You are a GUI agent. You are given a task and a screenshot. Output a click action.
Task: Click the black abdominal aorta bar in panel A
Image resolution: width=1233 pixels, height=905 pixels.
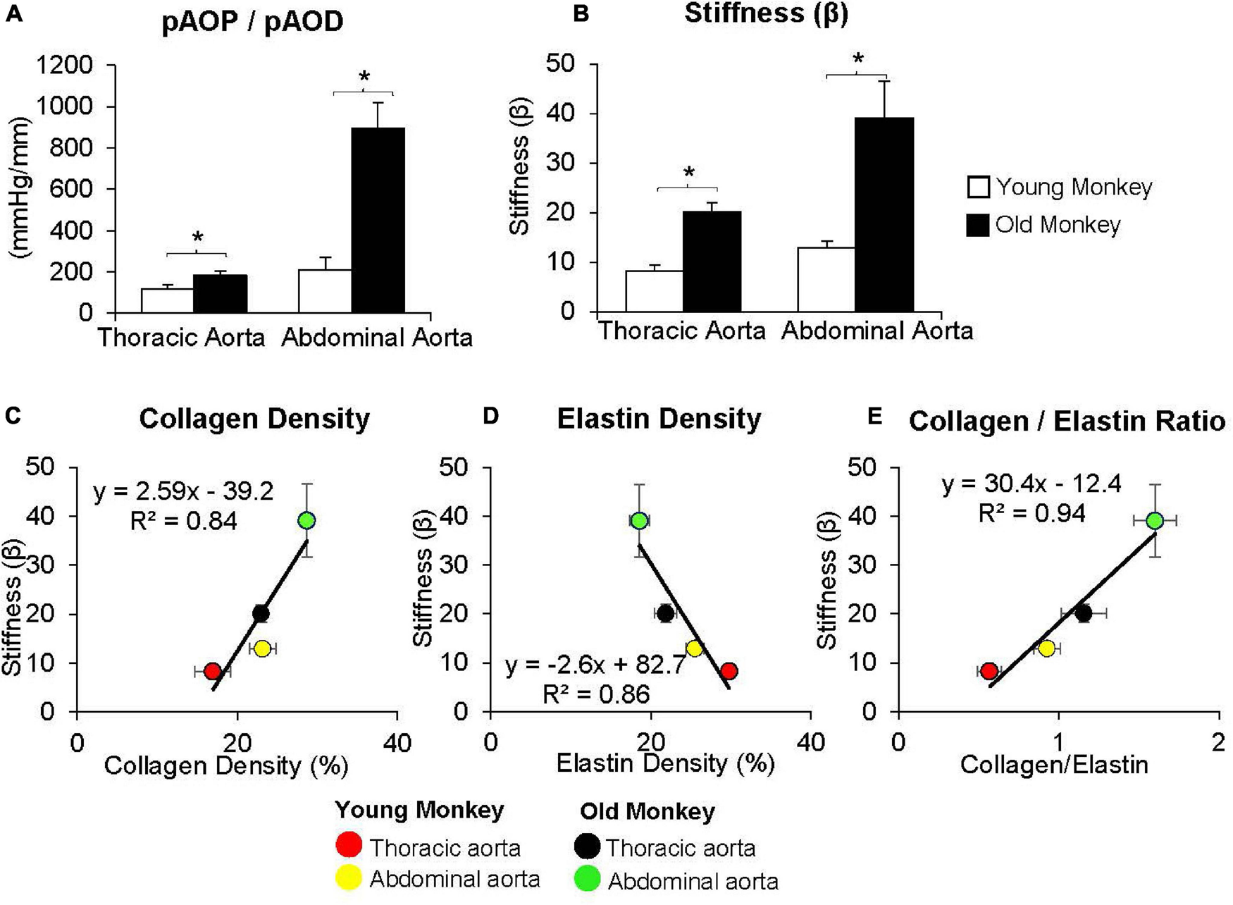[x=378, y=220]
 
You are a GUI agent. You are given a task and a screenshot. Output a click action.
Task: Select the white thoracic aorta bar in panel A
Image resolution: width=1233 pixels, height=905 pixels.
[x=167, y=300]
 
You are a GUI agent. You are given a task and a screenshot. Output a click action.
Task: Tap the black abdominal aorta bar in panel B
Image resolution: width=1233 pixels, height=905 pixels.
[x=884, y=214]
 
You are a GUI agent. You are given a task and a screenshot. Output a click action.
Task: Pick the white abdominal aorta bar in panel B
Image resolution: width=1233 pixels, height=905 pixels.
[x=826, y=279]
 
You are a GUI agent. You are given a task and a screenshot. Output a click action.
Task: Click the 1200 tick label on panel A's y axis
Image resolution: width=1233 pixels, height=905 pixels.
[x=64, y=66]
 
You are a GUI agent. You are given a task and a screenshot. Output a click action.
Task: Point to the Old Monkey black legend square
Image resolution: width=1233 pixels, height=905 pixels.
[x=978, y=226]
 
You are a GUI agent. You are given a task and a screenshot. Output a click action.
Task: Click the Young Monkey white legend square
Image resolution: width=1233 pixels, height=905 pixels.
[x=978, y=187]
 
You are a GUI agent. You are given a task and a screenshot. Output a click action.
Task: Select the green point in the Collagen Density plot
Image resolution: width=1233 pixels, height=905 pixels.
[x=306, y=521]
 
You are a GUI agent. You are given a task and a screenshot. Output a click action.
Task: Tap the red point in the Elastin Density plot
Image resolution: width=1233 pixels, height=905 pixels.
[x=729, y=671]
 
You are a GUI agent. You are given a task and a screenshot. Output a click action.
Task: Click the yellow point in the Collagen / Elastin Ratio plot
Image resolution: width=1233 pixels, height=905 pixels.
[x=1046, y=648]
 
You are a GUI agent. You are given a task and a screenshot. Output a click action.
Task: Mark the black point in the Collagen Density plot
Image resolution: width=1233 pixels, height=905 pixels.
[x=261, y=613]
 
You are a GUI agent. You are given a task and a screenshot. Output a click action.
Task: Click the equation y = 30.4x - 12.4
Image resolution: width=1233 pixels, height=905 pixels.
[x=1031, y=484]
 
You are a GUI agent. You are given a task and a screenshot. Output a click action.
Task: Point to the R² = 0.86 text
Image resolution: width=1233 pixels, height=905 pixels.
[x=596, y=695]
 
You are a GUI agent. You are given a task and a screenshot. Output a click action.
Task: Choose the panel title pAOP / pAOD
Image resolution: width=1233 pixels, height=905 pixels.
[x=252, y=22]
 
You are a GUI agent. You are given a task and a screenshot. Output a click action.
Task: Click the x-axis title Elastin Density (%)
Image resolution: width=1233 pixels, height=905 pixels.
[x=665, y=763]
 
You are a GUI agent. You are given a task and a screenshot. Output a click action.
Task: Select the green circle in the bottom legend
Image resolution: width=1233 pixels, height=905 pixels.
[x=588, y=879]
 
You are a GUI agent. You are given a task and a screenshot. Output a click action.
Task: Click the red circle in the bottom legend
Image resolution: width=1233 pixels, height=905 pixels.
[x=349, y=845]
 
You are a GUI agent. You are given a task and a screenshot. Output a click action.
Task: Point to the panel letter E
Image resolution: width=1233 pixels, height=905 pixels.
[x=874, y=417]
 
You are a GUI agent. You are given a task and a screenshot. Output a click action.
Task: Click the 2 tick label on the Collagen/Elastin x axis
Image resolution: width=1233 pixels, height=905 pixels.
[x=1218, y=742]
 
